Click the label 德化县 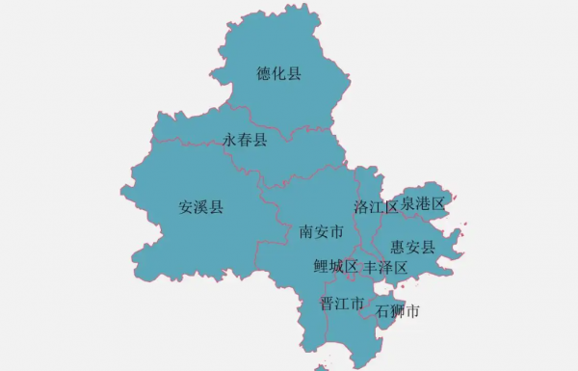click(x=278, y=73)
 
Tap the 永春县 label click(x=245, y=140)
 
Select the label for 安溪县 click(x=200, y=206)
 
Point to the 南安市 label click(x=322, y=232)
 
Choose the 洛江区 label click(x=376, y=206)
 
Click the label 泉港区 click(x=424, y=203)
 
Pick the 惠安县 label click(x=414, y=248)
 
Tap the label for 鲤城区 click(x=336, y=266)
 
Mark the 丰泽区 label click(x=385, y=267)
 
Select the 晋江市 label click(x=342, y=303)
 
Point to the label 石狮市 click(x=397, y=311)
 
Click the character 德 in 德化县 click(x=264, y=73)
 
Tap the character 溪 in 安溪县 click(x=200, y=206)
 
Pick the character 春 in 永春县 click(x=245, y=140)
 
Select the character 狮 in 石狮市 click(x=397, y=311)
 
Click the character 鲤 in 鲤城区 click(x=322, y=266)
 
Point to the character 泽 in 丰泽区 click(x=385, y=267)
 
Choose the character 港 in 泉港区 click(x=424, y=203)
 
